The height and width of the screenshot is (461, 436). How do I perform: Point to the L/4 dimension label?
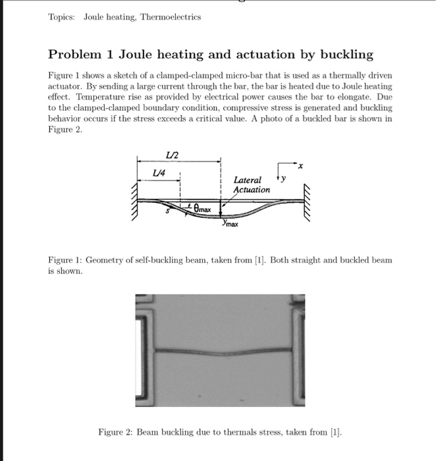158,171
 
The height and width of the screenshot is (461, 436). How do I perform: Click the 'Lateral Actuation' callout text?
251,185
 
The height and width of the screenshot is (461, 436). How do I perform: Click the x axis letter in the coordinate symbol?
300,165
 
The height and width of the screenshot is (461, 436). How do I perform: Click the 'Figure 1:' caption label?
65,260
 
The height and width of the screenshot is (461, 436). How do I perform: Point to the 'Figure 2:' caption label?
116,432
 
